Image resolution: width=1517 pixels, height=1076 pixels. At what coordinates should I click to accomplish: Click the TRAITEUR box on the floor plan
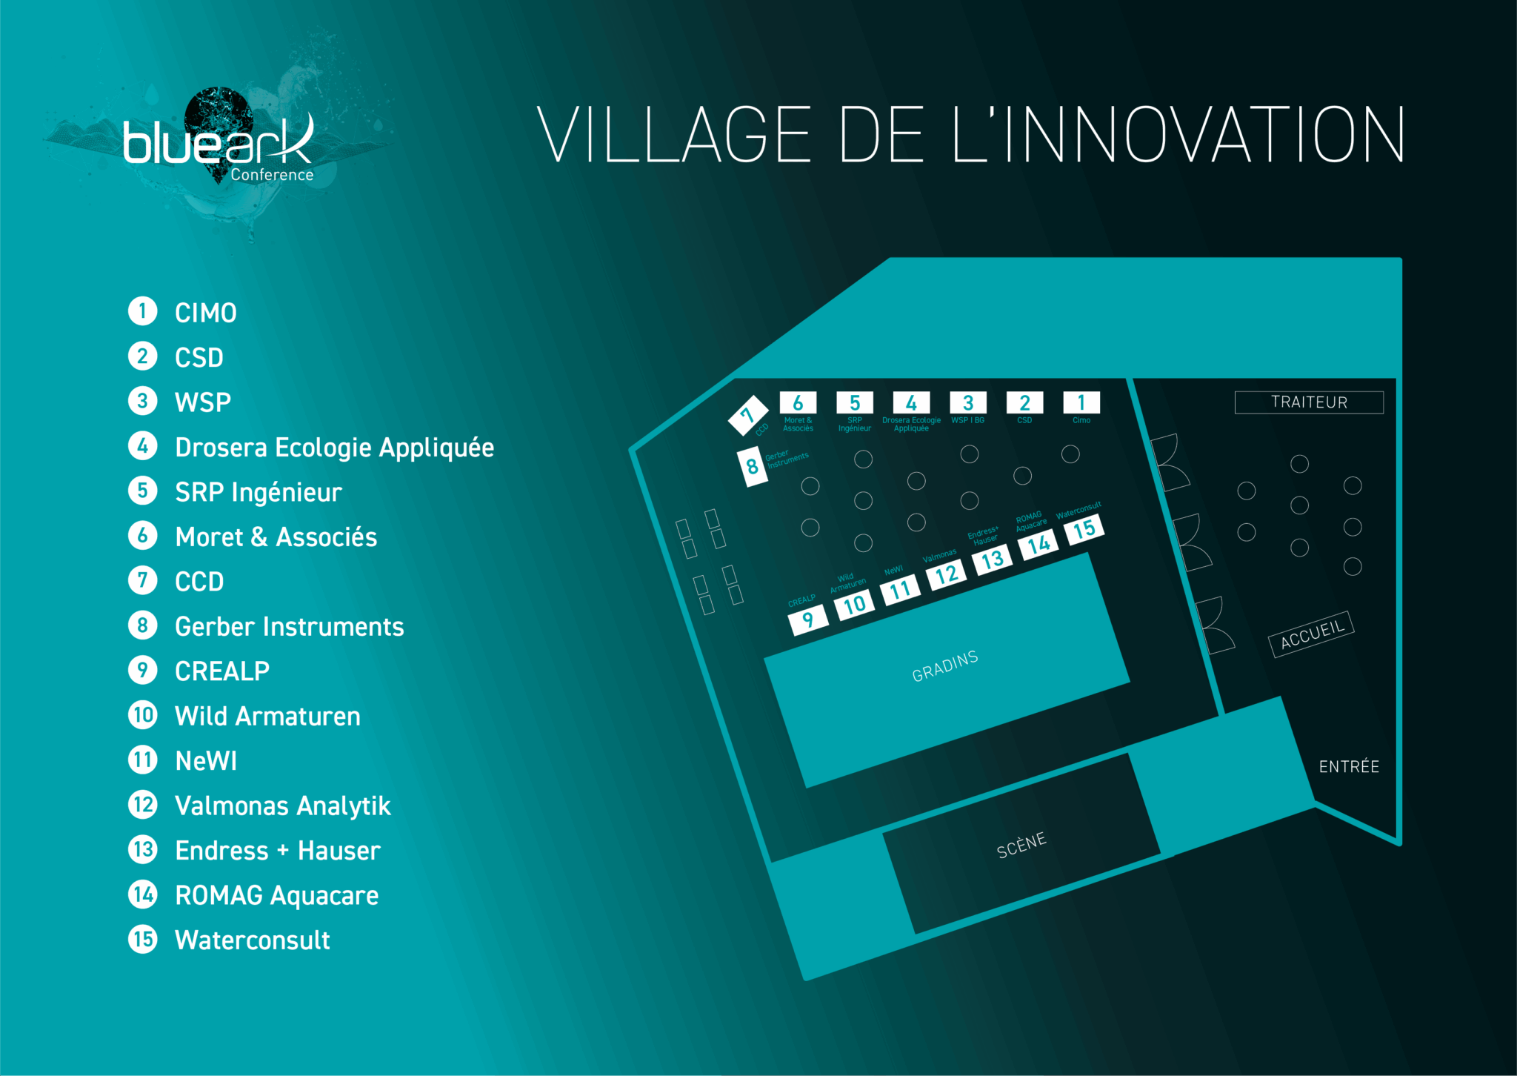tap(1309, 402)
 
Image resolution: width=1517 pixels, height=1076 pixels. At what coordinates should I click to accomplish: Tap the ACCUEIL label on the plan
tap(1312, 634)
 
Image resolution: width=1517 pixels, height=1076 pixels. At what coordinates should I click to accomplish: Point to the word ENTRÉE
tap(1349, 767)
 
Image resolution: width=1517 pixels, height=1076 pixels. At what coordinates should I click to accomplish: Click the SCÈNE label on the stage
tap(1021, 845)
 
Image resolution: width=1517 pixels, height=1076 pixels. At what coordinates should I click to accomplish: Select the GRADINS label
tap(945, 666)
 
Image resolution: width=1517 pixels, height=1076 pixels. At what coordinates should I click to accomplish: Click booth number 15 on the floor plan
tap(1084, 529)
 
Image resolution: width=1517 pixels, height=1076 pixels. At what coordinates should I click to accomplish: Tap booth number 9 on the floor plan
tap(807, 619)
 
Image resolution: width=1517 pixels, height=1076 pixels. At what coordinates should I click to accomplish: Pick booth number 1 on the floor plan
tap(1081, 402)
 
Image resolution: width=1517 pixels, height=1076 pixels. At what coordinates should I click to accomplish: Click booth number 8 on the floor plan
tap(753, 467)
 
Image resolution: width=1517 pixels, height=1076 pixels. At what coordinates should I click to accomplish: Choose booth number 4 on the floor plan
tap(911, 402)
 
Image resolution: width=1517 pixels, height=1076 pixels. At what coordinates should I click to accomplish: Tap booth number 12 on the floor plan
tap(946, 574)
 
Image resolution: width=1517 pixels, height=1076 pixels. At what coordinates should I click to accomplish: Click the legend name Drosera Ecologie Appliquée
tap(334, 448)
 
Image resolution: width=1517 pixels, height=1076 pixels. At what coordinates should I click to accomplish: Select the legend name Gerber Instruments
tap(290, 627)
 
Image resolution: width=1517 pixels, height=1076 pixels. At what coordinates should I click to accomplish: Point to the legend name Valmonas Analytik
tap(282, 806)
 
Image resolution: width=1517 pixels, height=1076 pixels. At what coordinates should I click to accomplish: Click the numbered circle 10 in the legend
tap(143, 715)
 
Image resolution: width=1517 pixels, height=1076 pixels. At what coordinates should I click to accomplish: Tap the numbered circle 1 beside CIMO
tap(143, 311)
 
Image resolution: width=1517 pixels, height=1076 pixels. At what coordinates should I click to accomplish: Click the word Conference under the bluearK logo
tap(272, 175)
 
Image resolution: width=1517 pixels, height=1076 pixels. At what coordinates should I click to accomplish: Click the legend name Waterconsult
tap(253, 940)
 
